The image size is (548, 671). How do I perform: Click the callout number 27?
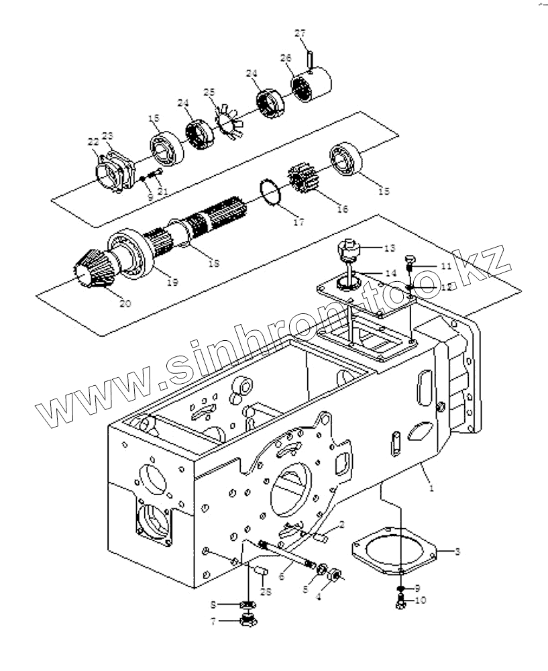point(300,34)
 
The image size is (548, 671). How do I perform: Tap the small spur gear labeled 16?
point(305,180)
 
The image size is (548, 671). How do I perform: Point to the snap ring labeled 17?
point(271,193)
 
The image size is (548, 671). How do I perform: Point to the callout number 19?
point(172,282)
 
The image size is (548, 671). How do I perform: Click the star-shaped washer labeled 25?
point(228,119)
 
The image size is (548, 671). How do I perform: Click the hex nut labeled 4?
point(336,575)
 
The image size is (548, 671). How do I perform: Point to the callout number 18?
point(213,263)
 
